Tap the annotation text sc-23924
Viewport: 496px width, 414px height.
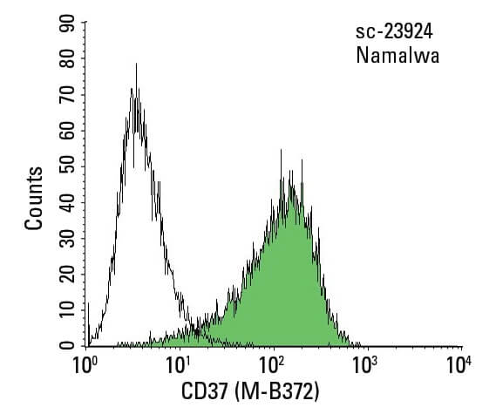(x=393, y=34)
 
